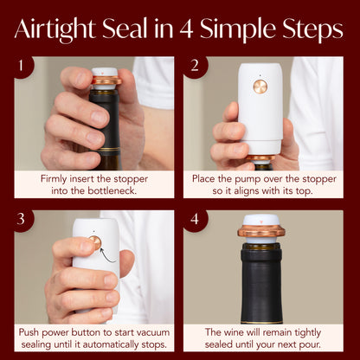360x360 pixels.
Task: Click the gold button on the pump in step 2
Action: [260, 87]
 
